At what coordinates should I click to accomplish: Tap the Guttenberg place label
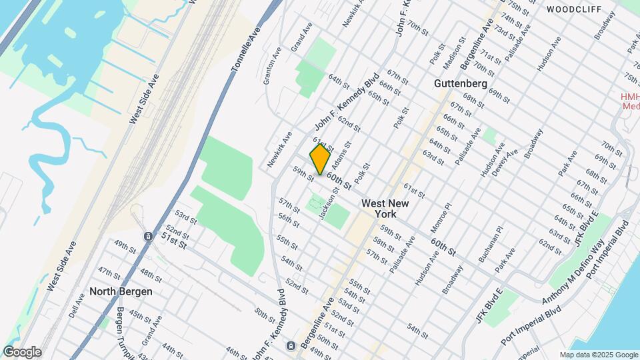click(x=460, y=84)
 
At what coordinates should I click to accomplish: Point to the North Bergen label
click(x=121, y=291)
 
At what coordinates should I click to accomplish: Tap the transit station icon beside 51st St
click(x=147, y=237)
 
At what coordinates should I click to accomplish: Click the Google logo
click(x=22, y=352)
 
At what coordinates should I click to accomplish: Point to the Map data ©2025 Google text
click(x=598, y=355)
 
